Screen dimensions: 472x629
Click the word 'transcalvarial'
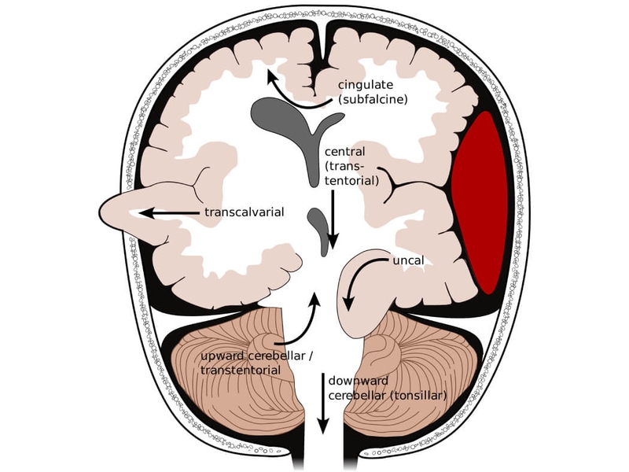point(244,212)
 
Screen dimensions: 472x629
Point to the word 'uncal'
point(408,260)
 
